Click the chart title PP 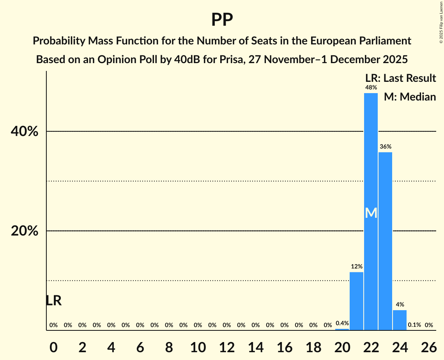[x=222, y=19]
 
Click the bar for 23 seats [x=385, y=241]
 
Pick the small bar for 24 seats [x=400, y=320]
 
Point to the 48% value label [x=371, y=88]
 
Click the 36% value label [x=385, y=147]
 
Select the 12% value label [x=356, y=267]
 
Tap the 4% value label [x=400, y=305]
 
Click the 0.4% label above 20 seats [x=342, y=323]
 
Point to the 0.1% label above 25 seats [x=414, y=325]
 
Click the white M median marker [x=371, y=213]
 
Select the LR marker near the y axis [x=53, y=301]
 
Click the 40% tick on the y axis [x=25, y=132]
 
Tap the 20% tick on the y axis [x=25, y=231]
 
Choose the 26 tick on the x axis [x=428, y=346]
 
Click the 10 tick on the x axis [x=198, y=346]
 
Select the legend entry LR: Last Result [x=400, y=78]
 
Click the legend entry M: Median [x=410, y=97]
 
